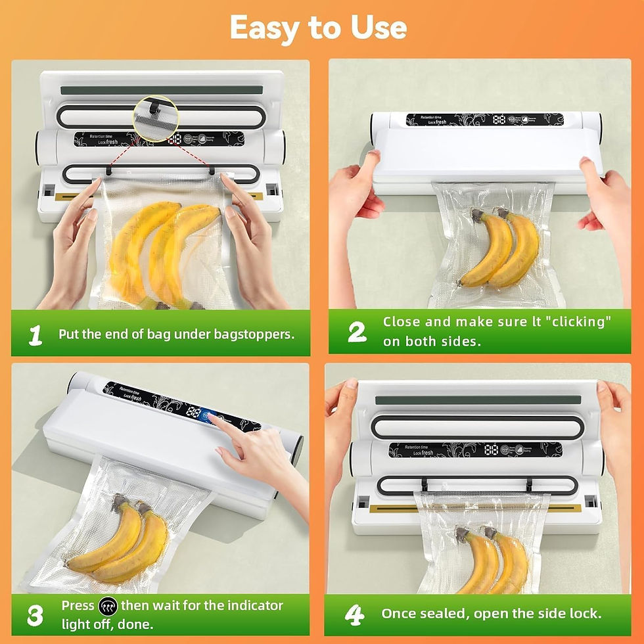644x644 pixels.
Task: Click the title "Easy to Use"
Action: [318, 28]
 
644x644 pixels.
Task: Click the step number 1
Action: [35, 334]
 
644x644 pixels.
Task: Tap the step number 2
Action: [357, 332]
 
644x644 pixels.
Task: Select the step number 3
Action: [35, 615]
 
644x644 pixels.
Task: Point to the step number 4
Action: [354, 615]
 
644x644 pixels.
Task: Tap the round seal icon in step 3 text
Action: [108, 606]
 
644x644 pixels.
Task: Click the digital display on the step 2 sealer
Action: [499, 120]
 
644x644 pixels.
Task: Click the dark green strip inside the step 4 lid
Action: [478, 400]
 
